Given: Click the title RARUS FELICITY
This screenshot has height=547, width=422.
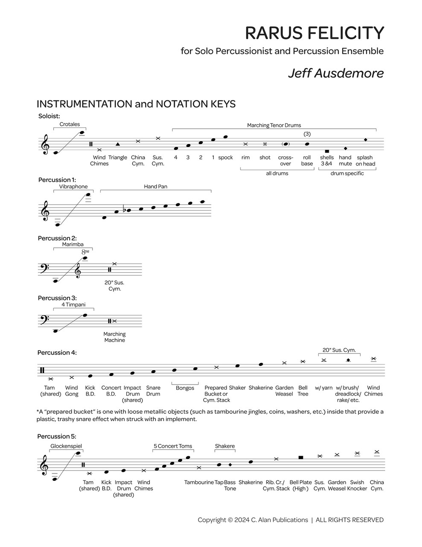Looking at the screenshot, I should coord(314,33).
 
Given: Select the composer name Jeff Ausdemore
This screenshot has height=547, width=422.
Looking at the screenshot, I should coord(336,73).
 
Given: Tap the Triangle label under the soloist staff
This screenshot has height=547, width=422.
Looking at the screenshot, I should coord(118,158).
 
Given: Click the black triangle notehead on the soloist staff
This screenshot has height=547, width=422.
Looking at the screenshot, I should coord(118,144).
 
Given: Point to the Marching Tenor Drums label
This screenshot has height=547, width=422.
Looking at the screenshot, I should coord(274,125).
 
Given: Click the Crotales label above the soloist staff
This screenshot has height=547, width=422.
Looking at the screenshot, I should coord(70,124).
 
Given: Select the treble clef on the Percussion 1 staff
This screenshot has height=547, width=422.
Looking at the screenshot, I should coord(44,211).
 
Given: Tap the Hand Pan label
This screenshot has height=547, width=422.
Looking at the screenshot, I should coord(156,187).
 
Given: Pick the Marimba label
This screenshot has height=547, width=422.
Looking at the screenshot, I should coord(73,244).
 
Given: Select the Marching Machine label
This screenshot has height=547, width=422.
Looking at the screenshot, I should coord(114,337).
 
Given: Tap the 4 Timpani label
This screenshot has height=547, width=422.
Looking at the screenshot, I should coord(73,305).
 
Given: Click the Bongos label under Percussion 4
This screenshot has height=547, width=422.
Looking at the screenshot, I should coord(185,388).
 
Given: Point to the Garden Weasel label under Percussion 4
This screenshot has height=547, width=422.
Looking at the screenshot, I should coord(284,391).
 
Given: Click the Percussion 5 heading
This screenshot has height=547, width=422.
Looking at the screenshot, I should coord(53,436).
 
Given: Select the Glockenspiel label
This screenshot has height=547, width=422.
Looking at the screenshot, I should coord(66,446).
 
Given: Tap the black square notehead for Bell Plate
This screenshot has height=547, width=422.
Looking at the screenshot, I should coord(301,457).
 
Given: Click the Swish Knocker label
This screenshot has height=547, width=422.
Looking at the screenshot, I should coord(357,485).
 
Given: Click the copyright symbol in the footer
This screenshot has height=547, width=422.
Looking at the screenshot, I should coord(230,520).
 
